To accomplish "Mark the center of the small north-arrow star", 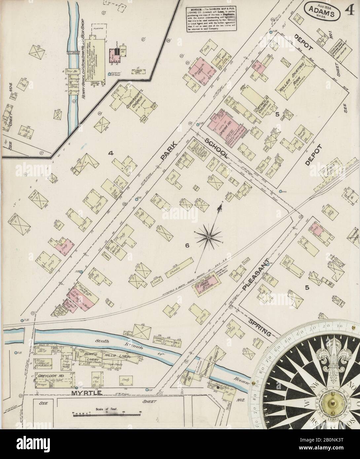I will click(x=209, y=237).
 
